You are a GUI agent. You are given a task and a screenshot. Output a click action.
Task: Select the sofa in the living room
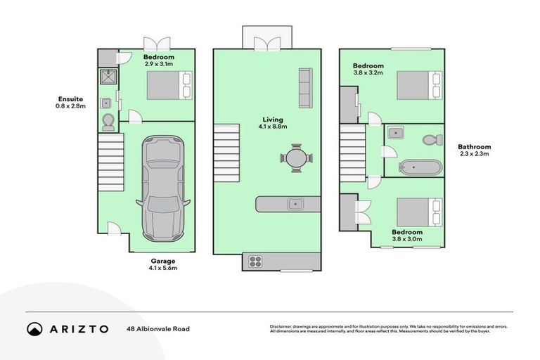tap(305, 88)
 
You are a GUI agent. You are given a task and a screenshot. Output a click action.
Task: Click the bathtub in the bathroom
tap(420, 167)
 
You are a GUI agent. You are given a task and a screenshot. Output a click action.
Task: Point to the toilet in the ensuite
tap(108, 123)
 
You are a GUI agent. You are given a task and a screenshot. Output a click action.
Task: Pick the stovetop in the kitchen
tap(255, 262)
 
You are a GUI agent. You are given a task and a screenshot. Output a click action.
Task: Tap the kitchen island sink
tap(295, 204)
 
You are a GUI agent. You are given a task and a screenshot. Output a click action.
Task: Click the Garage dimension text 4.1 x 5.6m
tap(162, 268)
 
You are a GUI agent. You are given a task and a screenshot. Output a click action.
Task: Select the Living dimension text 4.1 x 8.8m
tap(271, 127)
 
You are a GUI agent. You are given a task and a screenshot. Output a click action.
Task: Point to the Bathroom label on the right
tap(474, 146)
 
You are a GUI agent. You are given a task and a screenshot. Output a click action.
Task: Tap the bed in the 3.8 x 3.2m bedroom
tap(419, 86)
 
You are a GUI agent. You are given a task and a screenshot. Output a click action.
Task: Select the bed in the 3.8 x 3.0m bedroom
tap(419, 212)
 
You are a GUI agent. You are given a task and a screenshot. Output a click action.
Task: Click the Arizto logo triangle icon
tap(34, 328)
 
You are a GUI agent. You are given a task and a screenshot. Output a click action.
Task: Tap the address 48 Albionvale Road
tap(158, 328)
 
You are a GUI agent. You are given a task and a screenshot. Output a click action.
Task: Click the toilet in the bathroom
tap(432, 139)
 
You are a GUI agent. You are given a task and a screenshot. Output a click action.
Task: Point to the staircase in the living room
tap(226, 153)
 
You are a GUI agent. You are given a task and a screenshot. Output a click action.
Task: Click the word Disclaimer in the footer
tap(281, 326)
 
